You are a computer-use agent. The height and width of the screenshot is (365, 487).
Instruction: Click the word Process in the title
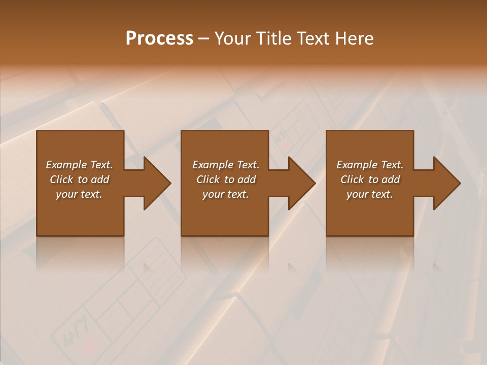point(159,38)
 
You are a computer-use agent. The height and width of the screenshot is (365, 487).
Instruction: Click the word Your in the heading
point(233,38)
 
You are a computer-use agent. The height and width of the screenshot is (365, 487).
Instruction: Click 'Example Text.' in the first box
point(79,165)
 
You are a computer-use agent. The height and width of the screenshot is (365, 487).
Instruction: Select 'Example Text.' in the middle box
point(226,165)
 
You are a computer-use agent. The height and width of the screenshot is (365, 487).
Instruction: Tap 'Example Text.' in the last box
point(370,165)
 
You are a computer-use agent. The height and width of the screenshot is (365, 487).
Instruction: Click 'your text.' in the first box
point(79,194)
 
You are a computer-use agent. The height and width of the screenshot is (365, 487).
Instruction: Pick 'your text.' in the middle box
point(226,194)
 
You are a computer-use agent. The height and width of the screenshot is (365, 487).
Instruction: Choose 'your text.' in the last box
point(370,194)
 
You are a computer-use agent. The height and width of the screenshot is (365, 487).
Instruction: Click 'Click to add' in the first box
point(79,179)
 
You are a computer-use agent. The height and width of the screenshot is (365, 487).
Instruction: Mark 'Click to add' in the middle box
point(226,179)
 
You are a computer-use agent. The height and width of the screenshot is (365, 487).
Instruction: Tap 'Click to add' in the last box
point(370,179)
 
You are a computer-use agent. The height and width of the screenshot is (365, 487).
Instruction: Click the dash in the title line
point(204,39)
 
